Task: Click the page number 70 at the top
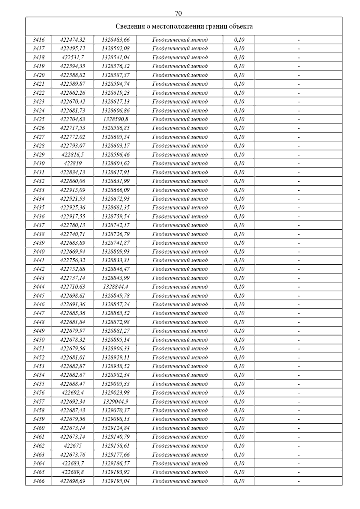pos(178,13)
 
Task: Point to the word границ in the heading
pos(216,26)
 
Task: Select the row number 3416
pos(38,40)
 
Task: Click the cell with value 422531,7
pos(73,57)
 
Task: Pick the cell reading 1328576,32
pos(115,66)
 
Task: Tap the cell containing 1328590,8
pos(115,119)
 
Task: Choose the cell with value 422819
pos(73,163)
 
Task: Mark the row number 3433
pos(38,190)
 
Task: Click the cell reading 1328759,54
pos(115,216)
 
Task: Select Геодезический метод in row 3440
pos(180,252)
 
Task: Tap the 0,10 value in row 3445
pos(239,296)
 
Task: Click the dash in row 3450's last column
pos(298,340)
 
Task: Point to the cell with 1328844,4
pos(115,287)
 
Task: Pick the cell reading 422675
pos(73,446)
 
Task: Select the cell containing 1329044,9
pos(115,402)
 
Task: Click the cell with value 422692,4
pos(73,393)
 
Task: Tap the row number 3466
pos(38,481)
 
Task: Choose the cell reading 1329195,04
pos(115,481)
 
